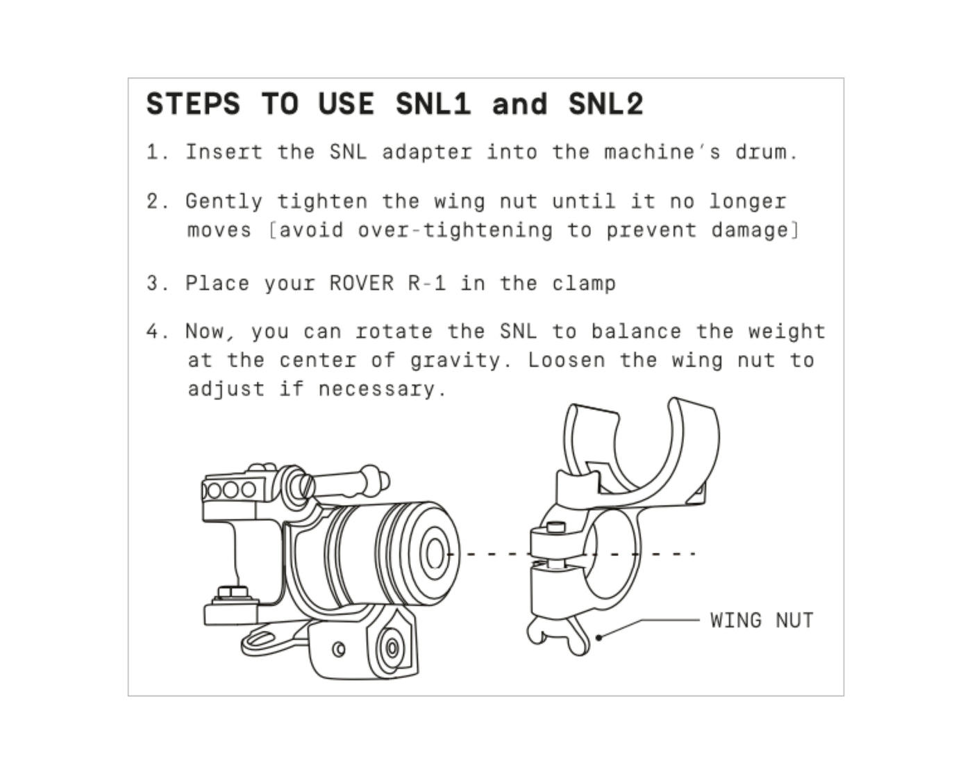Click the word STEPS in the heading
point(193,104)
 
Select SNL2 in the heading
point(605,104)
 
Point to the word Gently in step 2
point(224,201)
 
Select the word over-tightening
point(455,231)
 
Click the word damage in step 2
point(750,231)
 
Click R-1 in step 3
point(427,283)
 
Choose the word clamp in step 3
point(584,284)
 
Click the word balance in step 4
point(637,331)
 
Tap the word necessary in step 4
point(377,390)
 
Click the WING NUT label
point(762,620)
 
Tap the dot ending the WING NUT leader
point(599,638)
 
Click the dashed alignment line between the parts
point(571,553)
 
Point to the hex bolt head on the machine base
point(233,591)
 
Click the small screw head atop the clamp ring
point(556,526)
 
